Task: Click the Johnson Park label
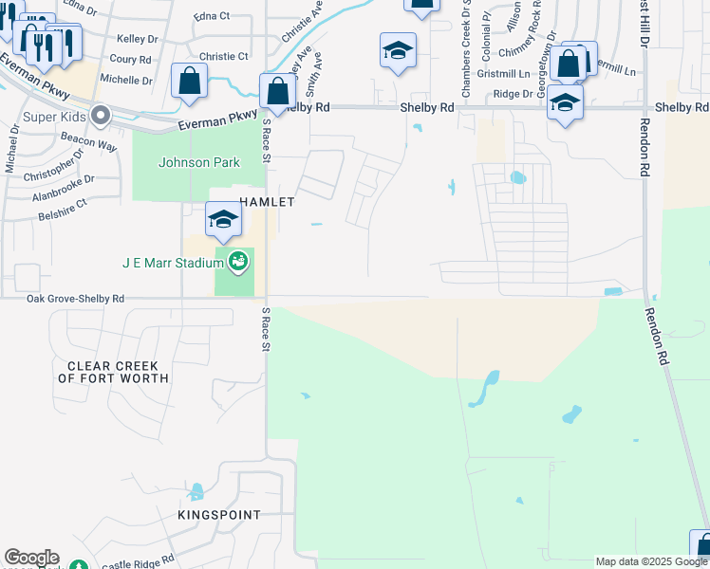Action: [x=199, y=162]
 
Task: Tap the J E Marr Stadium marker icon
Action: [x=239, y=261]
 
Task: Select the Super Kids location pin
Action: [x=102, y=117]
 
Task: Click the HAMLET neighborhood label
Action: [x=268, y=202]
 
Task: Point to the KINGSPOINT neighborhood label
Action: [x=218, y=515]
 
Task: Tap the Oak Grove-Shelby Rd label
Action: [x=75, y=299]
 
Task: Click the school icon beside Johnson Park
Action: [x=223, y=220]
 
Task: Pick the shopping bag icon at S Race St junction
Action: [x=277, y=91]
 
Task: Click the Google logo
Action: [x=31, y=558]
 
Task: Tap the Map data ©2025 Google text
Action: [x=652, y=561]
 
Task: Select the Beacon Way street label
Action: [x=88, y=142]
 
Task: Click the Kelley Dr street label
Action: [x=138, y=39]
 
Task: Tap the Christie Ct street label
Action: [x=224, y=57]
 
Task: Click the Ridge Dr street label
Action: [x=514, y=94]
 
